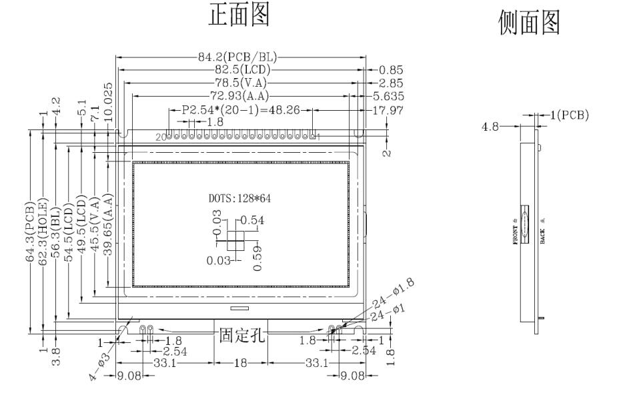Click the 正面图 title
tap(240, 17)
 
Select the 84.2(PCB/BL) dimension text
tap(241, 58)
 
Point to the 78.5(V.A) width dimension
tap(241, 83)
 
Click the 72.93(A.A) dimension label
tap(241, 96)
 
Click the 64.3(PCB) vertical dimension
tap(31, 230)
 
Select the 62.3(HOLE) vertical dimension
tap(44, 230)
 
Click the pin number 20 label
tap(159, 137)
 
